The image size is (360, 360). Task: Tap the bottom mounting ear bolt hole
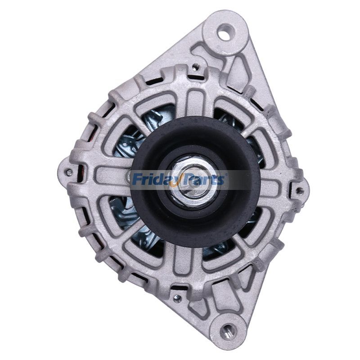(228, 332)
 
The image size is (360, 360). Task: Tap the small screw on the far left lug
(68, 172)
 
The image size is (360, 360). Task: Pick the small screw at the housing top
(195, 67)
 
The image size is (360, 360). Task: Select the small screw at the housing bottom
(177, 297)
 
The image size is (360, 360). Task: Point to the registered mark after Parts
(226, 175)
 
